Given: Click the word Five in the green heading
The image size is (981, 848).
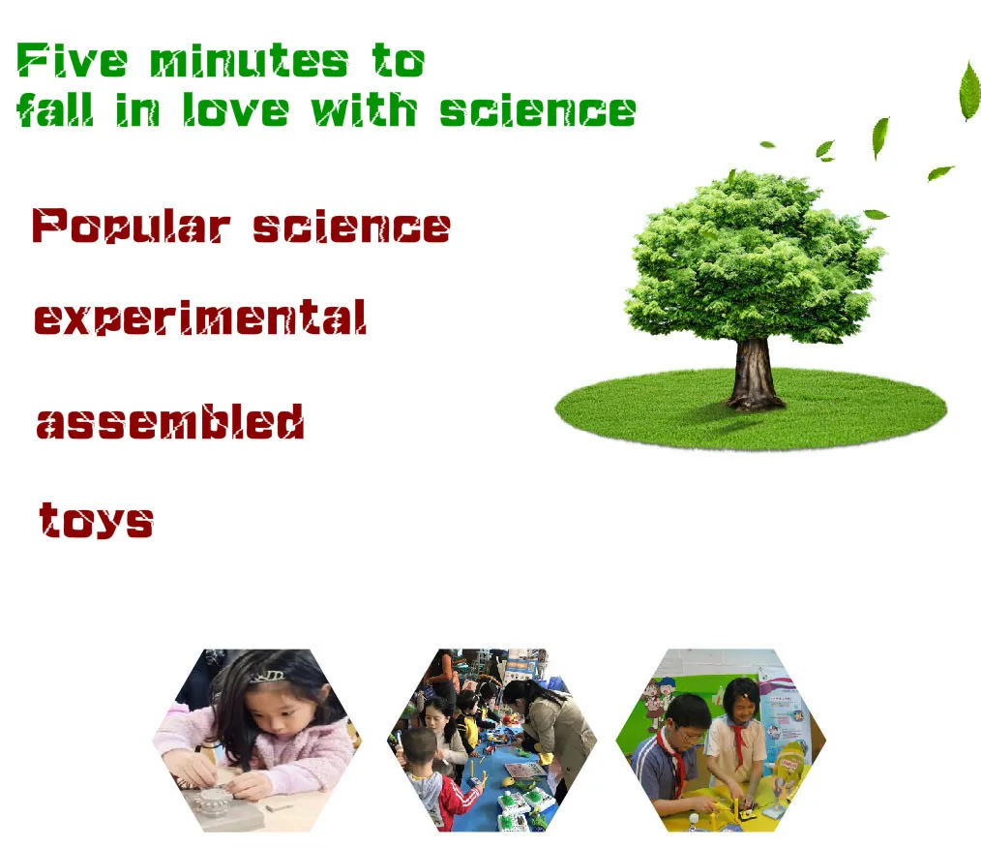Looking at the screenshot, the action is click(x=72, y=61).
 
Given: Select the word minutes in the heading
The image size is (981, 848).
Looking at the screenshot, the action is click(x=249, y=61).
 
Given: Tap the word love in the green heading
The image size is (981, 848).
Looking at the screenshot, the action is click(x=235, y=109).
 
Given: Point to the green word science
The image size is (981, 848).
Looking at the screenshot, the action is click(x=538, y=110).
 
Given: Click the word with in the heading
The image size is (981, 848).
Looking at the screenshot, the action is click(x=364, y=109).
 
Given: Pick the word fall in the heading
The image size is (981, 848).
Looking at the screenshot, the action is click(x=55, y=109).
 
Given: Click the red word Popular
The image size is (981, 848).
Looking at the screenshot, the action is click(x=131, y=226).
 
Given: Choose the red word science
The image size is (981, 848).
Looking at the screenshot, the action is click(x=351, y=227).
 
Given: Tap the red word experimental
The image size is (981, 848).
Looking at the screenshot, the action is click(x=199, y=317).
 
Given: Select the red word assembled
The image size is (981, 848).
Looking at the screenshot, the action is click(x=170, y=421).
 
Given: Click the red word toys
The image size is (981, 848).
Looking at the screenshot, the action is click(x=96, y=520).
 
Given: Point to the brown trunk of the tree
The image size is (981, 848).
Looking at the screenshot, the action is click(x=754, y=375).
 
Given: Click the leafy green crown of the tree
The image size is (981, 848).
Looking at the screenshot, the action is click(x=754, y=257).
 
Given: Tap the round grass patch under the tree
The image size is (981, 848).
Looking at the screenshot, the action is click(x=751, y=409).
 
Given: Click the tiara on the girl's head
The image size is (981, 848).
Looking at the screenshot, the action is click(x=268, y=677).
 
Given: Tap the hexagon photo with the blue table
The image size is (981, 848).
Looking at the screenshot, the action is click(x=491, y=741).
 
